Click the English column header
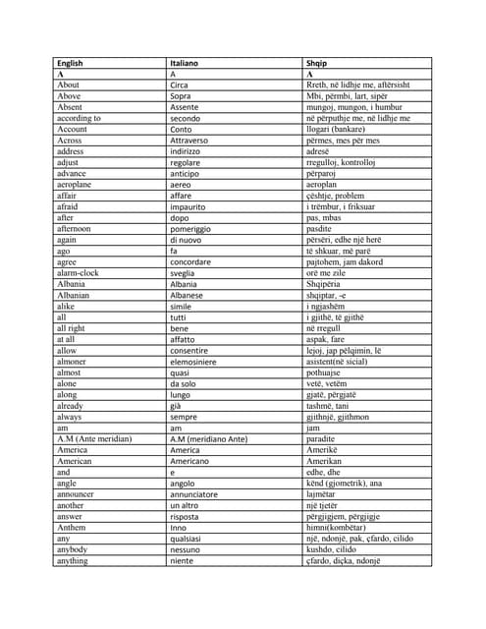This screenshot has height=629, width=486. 70,64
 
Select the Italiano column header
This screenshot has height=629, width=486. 184,64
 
